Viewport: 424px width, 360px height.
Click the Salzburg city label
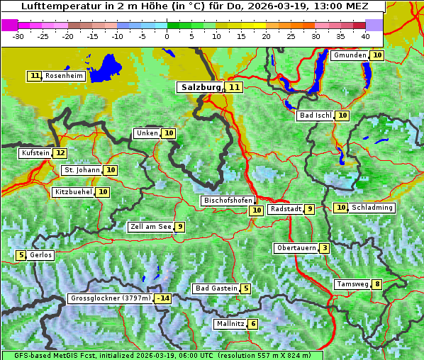pyautogui.click(x=201, y=87)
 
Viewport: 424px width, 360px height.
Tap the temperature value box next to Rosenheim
pyautogui.click(x=35, y=76)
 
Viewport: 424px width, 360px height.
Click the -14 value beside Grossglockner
pyautogui.click(x=163, y=298)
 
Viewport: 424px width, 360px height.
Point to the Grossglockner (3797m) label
pyautogui.click(x=111, y=298)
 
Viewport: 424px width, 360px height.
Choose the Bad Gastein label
pyautogui.click(x=216, y=288)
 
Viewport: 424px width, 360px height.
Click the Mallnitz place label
pyautogui.click(x=230, y=324)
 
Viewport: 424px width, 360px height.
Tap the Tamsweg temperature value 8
pyautogui.click(x=378, y=284)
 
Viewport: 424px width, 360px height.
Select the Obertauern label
pyautogui.click(x=296, y=248)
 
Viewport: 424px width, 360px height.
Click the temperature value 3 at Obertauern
pyautogui.click(x=324, y=248)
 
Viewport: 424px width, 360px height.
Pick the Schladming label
pyautogui.click(x=372, y=208)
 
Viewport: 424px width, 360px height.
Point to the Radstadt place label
pyautogui.click(x=286, y=209)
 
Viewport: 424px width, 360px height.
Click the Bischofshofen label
pyautogui.click(x=227, y=201)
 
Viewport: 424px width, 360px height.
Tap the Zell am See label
pyautogui.click(x=151, y=227)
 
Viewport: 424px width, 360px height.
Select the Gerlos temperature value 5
pyautogui.click(x=21, y=255)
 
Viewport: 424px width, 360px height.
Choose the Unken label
pyautogui.click(x=147, y=133)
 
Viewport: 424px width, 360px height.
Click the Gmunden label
pyautogui.click(x=350, y=55)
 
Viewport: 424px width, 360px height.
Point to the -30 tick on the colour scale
pyautogui.click(x=18, y=35)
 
